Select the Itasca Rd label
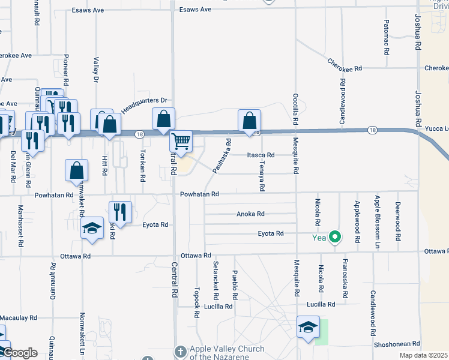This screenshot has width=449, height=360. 261,155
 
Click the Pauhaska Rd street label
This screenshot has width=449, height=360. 221,157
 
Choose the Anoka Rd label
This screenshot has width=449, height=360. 251,214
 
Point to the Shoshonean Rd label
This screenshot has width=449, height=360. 399,344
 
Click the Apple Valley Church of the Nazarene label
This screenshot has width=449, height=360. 227,353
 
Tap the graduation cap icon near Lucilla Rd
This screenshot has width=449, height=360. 309,328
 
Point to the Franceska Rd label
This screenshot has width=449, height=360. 345,278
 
